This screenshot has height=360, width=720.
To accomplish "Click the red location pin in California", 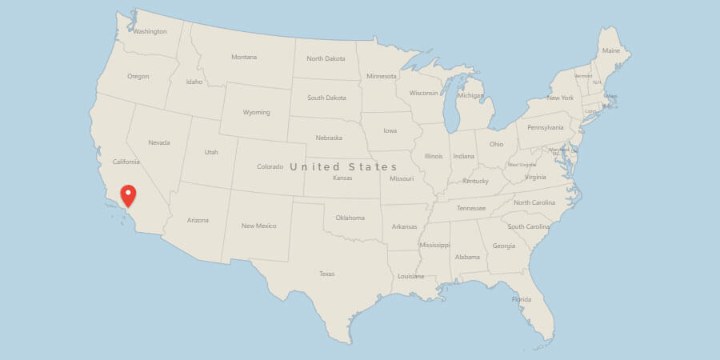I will (128, 194).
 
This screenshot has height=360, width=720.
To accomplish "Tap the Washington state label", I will (150, 32).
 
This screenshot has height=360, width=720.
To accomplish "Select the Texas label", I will (326, 274).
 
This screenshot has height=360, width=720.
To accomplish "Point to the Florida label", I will (522, 300).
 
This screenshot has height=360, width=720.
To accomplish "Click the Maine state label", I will (611, 51).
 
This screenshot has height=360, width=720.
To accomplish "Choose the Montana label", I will (244, 58).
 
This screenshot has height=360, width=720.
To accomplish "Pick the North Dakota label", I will (326, 59).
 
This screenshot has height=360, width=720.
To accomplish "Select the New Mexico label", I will (259, 226).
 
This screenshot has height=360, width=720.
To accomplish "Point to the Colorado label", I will (270, 167).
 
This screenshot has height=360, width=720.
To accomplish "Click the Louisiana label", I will (410, 276).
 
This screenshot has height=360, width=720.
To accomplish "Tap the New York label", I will (560, 98).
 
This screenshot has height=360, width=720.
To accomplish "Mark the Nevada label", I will (159, 143).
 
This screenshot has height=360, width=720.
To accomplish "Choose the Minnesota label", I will (381, 77).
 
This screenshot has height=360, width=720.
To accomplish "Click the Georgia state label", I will (504, 246).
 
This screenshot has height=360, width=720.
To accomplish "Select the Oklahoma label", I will (350, 218).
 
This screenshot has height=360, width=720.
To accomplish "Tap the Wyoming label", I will (256, 113).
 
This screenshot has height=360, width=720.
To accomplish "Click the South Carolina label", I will (529, 226).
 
